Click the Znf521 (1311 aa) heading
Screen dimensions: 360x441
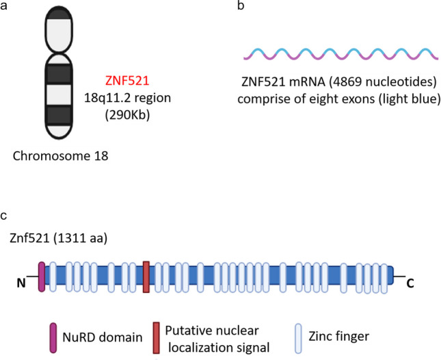point(52,239)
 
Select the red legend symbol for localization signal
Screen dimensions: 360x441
point(159,336)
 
